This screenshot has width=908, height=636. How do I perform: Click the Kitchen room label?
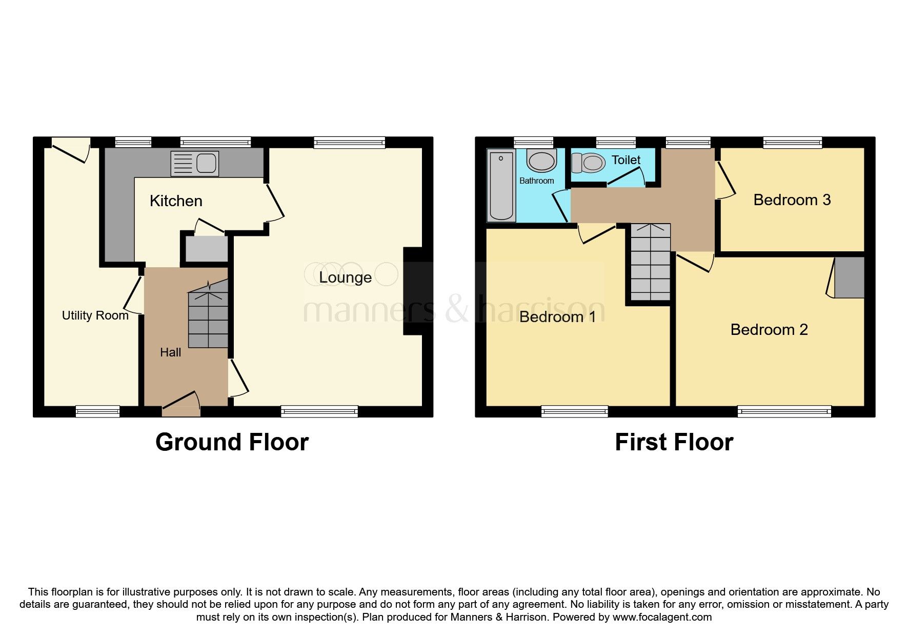pos(176,201)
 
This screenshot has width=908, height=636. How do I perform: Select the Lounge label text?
pos(345,277)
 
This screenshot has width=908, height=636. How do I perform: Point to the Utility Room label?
pos(95,315)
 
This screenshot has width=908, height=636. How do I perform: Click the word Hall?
pos(170,352)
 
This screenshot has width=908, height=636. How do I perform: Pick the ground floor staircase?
pos(208,318)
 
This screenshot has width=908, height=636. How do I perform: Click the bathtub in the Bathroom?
pos(501,185)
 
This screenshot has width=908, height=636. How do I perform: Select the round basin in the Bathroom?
pos(541,161)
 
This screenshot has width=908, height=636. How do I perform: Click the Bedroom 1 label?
pos(557,316)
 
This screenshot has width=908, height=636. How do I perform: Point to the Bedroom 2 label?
pos(769,329)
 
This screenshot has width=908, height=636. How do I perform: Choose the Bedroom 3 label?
pos(792,200)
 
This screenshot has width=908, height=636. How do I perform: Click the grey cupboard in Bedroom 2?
pos(849,277)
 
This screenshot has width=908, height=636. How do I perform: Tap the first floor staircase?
pos(650,263)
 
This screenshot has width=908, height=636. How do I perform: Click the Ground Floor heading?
pos(232,442)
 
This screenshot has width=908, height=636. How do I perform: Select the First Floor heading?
pos(674,442)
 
